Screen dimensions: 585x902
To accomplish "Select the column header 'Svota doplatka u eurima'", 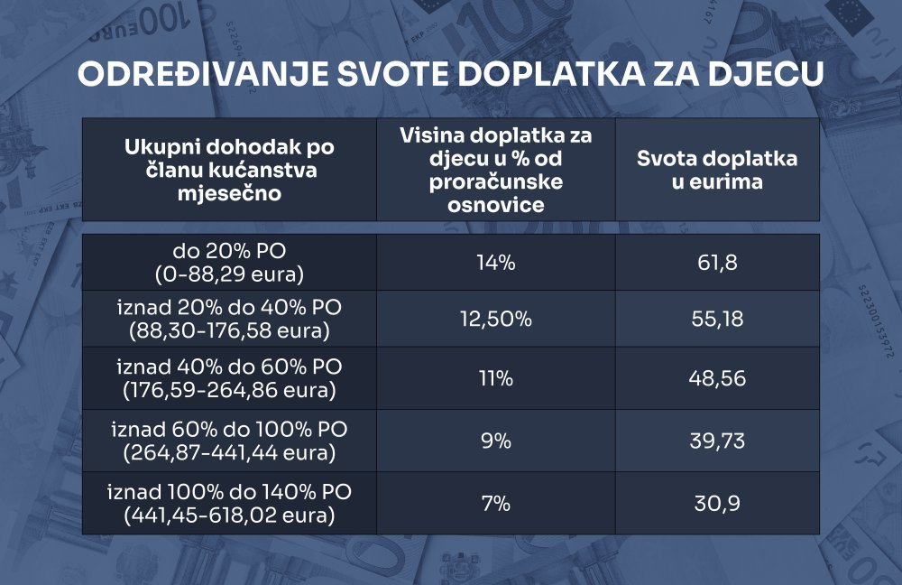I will tap(717, 170).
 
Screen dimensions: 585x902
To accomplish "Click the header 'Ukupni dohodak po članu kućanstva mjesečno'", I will tap(229, 170).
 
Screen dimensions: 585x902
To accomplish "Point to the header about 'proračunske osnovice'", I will tap(496, 170).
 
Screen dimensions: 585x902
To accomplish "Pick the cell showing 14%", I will tap(496, 263).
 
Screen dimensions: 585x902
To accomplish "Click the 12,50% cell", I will tap(496, 320).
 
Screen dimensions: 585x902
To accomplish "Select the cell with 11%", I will tap(496, 377).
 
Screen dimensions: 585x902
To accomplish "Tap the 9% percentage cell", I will tap(496, 441).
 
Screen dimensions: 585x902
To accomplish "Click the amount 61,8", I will tap(717, 263).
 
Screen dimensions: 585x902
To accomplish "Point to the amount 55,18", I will tap(717, 320).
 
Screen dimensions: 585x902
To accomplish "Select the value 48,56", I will tap(717, 377).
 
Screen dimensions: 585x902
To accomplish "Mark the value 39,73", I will tap(717, 441).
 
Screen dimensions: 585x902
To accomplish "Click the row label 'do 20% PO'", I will tap(229, 251).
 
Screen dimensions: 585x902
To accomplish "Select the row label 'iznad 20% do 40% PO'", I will tap(229, 309).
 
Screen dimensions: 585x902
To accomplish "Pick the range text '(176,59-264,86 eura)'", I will tap(229, 392).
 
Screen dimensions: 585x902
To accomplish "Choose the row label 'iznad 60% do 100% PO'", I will tap(229, 429).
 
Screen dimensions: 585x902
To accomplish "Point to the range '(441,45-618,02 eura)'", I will tap(229, 516).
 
